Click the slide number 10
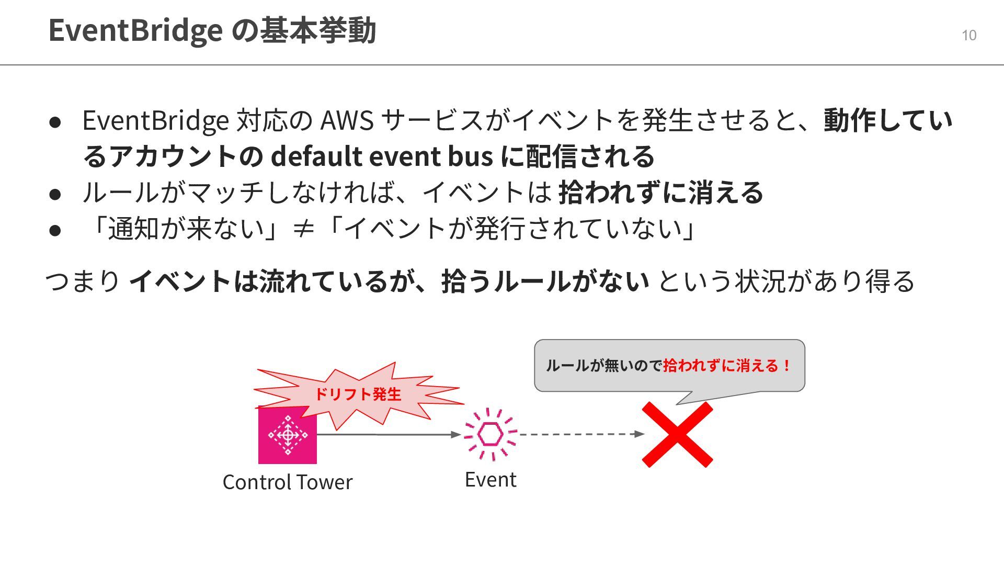click(x=968, y=36)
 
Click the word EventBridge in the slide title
click(x=135, y=30)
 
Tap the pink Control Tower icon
click(x=288, y=435)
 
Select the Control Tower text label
click(x=288, y=482)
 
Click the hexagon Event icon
click(x=490, y=434)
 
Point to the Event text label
click(x=490, y=480)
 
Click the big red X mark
click(x=677, y=435)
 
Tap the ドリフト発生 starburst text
click(x=358, y=394)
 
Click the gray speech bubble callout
click(x=669, y=366)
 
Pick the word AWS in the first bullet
click(x=347, y=120)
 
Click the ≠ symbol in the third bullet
click(x=303, y=229)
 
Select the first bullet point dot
click(x=55, y=122)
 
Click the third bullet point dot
click(x=55, y=230)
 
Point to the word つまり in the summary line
click(x=83, y=281)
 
